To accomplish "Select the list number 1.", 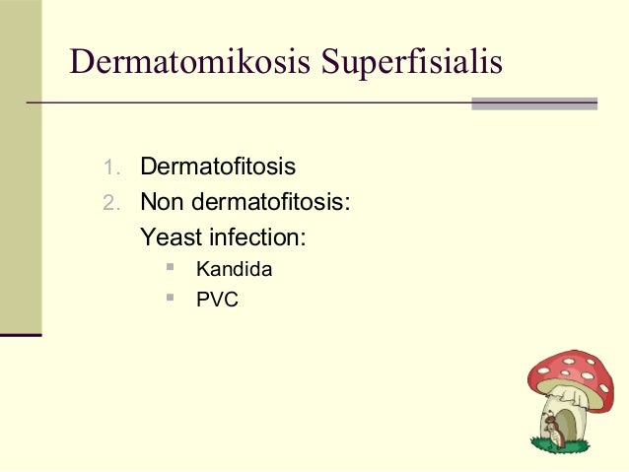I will point(110,167).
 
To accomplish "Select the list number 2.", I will point(110,204).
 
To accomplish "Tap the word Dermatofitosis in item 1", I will point(218,166).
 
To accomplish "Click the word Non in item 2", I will point(161,203).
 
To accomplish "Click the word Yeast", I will point(169,237).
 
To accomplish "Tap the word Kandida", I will point(234,269).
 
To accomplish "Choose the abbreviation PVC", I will point(217,300).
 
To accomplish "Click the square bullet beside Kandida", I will point(171,266).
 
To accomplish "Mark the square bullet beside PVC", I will point(171,297).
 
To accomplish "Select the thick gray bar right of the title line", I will point(534,102).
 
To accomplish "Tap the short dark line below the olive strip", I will point(20,336).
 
